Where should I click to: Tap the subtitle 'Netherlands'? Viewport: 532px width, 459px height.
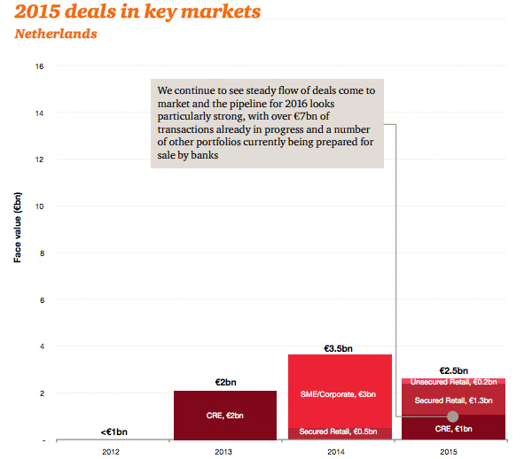(x=54, y=34)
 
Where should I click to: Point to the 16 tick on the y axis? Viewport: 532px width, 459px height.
(x=39, y=66)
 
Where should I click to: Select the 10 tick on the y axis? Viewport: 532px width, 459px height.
(x=39, y=206)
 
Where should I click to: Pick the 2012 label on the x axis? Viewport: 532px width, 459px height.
(x=111, y=450)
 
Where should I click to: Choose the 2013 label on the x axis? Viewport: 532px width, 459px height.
(x=225, y=450)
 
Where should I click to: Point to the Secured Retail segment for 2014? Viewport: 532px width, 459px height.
(x=340, y=433)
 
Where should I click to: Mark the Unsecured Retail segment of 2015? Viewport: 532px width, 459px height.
(x=454, y=381)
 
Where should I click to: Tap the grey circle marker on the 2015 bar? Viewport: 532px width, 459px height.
(x=453, y=416)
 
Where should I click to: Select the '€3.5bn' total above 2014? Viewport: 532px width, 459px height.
(x=340, y=347)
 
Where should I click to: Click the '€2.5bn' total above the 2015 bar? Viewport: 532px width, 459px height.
(x=454, y=370)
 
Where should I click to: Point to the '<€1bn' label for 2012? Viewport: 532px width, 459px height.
(x=111, y=432)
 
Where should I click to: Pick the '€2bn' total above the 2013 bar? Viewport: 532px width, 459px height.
(x=225, y=382)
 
